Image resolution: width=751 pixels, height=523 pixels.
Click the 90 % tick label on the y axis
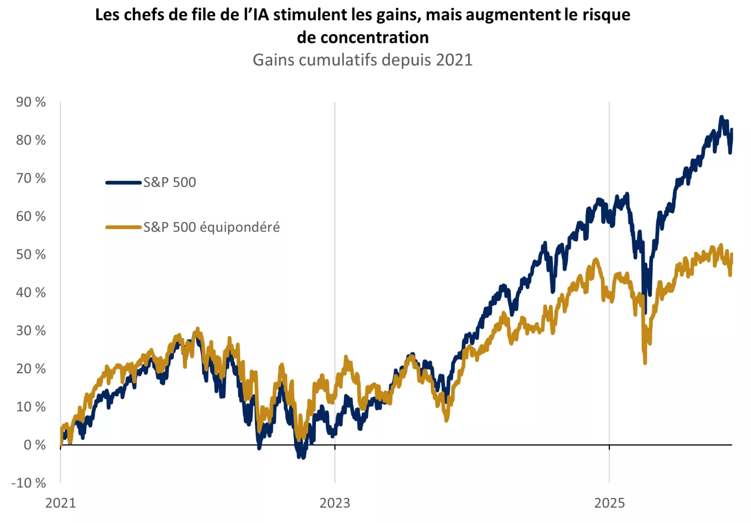31,102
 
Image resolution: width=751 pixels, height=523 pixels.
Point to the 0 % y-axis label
35,445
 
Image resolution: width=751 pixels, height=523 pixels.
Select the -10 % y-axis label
29,483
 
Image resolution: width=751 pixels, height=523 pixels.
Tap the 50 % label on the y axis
31,254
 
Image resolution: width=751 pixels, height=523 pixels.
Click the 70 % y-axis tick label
31,178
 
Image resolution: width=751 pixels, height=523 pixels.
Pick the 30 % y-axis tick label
31,331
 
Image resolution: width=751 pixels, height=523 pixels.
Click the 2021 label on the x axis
61,503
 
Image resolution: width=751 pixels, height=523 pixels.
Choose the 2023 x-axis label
335,503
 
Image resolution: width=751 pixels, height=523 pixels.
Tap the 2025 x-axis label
609,503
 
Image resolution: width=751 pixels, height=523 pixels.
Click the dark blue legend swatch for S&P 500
123,183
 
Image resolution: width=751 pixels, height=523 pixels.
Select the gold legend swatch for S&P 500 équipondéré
123,227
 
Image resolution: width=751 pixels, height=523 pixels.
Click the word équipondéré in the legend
240,227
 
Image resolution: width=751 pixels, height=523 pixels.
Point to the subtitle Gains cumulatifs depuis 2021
362,60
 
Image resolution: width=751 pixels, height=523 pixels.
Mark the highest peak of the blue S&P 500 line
722,117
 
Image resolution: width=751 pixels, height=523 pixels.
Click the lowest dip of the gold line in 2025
645,362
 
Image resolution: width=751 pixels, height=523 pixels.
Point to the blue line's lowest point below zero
302,457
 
